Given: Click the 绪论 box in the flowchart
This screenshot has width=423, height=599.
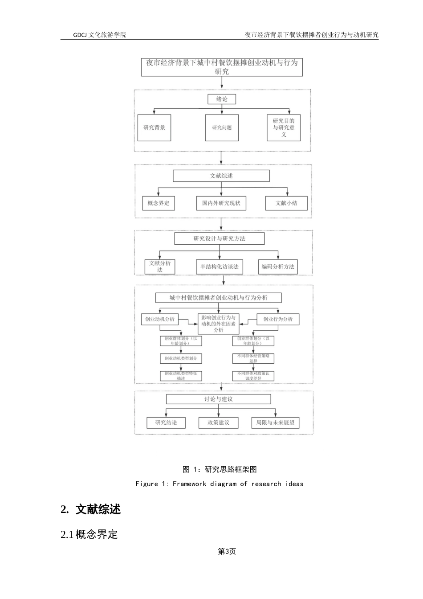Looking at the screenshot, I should coord(222,99).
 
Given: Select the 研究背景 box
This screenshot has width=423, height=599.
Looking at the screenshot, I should coord(154,128).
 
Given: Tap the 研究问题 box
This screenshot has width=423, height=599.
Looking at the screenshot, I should coord(222,128).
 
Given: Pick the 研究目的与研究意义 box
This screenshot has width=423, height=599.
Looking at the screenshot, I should coord(284,128).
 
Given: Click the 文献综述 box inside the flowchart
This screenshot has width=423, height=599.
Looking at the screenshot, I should coord(221,176).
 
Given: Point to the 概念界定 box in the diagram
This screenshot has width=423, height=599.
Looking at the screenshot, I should coord(159,203).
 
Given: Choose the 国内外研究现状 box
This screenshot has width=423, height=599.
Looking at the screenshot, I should coord(221,203).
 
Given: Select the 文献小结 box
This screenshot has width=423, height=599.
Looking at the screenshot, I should coord(286,203).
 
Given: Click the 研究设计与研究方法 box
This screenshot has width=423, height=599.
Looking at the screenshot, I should coord(219,239).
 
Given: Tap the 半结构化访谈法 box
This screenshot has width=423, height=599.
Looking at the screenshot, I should coord(219,267).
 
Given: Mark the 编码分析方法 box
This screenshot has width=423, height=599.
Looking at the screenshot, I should coord(278,267).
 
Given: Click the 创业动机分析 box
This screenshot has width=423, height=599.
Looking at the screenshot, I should coord(159,320).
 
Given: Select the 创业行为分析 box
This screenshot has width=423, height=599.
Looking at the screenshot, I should coord(278,320).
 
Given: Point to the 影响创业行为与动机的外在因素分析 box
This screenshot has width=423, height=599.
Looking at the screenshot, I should coord(218,324).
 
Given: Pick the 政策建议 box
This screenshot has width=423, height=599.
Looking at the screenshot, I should coord(218,423).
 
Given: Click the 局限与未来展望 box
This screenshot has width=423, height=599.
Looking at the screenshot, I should coord(275,423).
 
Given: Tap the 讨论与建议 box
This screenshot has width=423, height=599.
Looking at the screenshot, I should coord(218,399).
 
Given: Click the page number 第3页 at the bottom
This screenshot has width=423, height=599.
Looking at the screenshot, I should coord(227,552).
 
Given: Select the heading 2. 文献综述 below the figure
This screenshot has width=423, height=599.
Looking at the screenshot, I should coord(91,509).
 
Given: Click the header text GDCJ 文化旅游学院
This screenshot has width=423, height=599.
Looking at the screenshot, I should coord(100,34).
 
